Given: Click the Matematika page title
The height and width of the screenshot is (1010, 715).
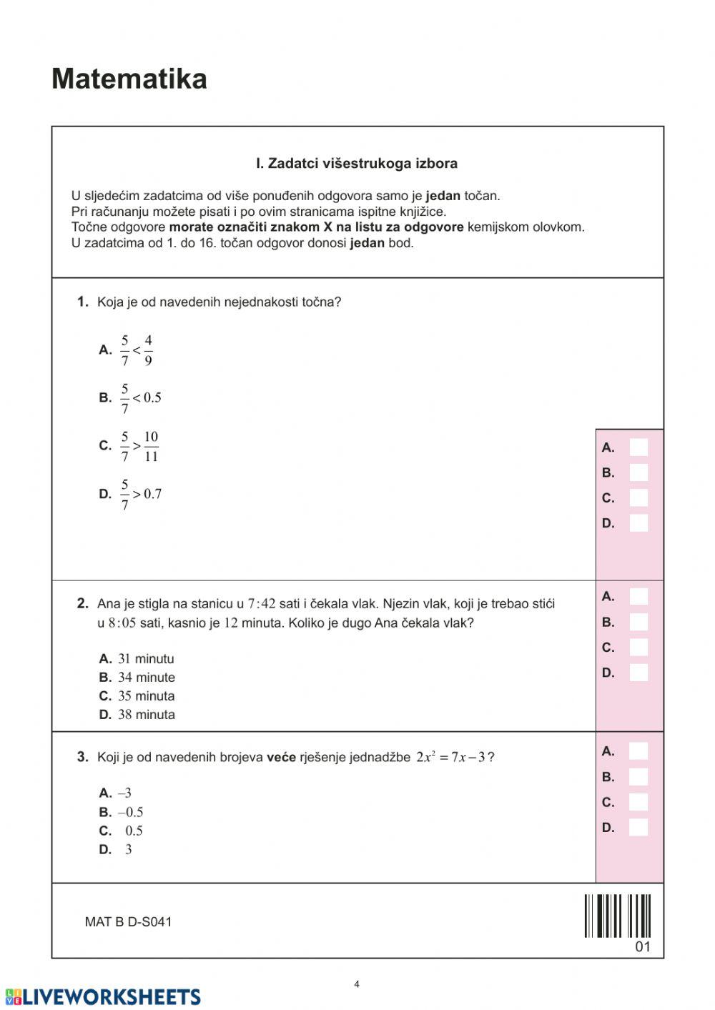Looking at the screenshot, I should (129, 79).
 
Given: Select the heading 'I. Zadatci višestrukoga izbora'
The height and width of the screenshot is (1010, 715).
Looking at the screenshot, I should (357, 164).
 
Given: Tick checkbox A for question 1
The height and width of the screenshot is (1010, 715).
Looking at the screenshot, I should (638, 447).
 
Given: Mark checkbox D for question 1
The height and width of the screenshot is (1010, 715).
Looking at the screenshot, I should (638, 523).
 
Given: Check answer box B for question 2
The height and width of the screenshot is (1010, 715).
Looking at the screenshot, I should (638, 622).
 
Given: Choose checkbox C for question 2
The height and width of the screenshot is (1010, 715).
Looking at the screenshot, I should (638, 648).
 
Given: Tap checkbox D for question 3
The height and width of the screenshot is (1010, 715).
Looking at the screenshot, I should (638, 828).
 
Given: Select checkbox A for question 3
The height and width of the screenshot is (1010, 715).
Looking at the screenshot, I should (638, 751).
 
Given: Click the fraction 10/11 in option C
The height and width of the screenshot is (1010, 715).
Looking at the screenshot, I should (151, 446).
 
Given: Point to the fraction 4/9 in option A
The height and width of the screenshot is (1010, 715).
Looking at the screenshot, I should (148, 350).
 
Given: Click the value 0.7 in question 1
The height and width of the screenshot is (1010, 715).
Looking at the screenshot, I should (152, 494).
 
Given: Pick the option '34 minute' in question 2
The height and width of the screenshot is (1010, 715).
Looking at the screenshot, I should (146, 677).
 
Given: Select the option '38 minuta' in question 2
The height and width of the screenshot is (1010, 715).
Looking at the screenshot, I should (146, 714).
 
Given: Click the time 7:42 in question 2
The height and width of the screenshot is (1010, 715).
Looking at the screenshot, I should (261, 604).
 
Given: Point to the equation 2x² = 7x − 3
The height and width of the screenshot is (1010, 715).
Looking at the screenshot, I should (450, 757).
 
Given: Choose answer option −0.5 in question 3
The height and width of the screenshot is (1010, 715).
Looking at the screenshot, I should (130, 812).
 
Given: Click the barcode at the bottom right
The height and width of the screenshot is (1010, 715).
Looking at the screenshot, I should (618, 916).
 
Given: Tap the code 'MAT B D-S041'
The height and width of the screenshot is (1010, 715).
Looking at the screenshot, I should (128, 922).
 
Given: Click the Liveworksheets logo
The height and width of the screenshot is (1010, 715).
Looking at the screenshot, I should (103, 997).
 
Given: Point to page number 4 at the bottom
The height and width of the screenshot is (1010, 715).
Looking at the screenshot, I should (357, 984).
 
